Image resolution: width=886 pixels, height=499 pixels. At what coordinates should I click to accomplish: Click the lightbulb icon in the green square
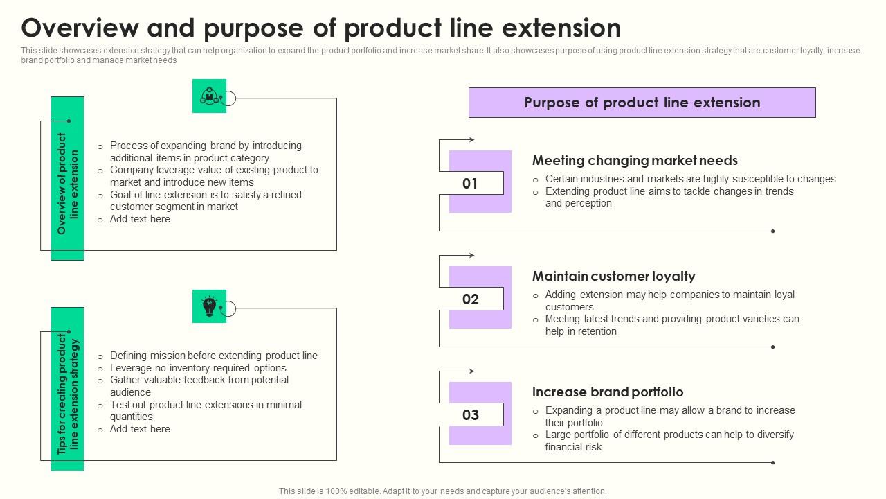point(209,306)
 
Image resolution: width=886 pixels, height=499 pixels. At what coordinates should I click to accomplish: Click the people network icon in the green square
point(209,96)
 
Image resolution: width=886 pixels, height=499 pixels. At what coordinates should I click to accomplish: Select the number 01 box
point(471,184)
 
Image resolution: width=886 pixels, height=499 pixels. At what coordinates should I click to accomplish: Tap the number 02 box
point(471,299)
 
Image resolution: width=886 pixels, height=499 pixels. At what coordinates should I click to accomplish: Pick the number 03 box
point(471,415)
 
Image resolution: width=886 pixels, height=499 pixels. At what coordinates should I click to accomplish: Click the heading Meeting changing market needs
point(635,161)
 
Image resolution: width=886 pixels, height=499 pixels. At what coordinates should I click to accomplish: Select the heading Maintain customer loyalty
point(613,277)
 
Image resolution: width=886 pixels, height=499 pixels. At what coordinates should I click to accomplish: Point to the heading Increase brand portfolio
point(607,392)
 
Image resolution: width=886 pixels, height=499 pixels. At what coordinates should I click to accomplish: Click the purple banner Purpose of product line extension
point(642,103)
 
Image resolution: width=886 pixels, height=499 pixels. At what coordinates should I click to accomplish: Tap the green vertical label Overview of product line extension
point(67,179)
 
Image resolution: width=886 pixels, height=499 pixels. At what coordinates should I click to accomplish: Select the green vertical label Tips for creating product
point(67,389)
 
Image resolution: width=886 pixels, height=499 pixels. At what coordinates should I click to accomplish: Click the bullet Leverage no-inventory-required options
point(198,368)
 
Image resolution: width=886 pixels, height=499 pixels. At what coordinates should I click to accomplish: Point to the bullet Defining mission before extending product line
point(213,356)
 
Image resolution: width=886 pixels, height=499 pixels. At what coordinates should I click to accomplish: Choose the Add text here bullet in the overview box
point(140,219)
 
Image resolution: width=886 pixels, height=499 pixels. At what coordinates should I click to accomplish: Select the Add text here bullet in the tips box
point(140,429)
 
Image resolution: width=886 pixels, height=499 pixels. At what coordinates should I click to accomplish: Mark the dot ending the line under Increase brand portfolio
point(772,462)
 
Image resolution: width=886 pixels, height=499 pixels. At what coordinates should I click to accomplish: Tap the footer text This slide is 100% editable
point(442,491)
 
